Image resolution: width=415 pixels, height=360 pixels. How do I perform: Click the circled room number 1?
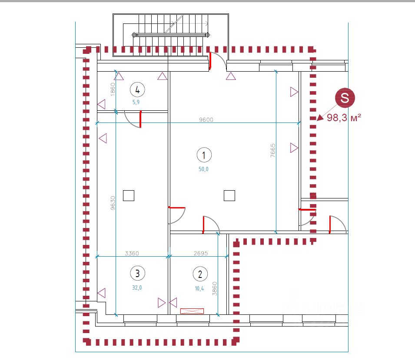(204, 155)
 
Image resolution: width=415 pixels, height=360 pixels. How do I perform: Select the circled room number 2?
(200, 274)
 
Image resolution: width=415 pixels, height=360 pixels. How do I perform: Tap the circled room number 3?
(137, 273)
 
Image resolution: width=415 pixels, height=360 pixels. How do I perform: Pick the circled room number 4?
(137, 90)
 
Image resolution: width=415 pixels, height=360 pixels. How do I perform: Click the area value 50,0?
(204, 169)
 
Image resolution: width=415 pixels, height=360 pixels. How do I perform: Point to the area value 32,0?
(137, 287)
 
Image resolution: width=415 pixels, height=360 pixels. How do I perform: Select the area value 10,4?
(200, 288)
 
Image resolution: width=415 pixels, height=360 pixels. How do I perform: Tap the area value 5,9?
(136, 102)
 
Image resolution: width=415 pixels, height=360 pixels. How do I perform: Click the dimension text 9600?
(206, 120)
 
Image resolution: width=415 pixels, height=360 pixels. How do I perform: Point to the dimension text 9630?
(113, 203)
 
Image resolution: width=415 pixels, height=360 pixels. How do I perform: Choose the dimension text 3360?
(132, 253)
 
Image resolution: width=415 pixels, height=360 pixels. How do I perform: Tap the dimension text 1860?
(113, 89)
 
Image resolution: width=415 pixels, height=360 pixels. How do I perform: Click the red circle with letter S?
(345, 98)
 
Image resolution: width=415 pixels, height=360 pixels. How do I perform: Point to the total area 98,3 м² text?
(344, 118)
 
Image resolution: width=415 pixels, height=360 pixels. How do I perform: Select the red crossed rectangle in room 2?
(192, 311)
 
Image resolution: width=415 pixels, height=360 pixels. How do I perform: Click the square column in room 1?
(229, 196)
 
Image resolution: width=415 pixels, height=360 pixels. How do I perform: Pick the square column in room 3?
(129, 196)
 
